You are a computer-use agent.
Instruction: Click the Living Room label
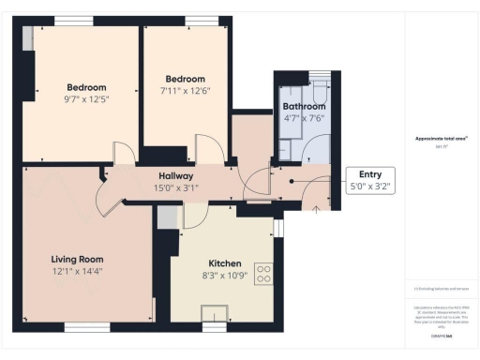point(77,259)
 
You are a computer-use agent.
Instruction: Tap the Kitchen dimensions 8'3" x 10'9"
point(226,277)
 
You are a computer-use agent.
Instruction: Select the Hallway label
point(175,175)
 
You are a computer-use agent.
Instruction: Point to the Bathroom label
point(304,107)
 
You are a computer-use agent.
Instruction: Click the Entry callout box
point(370,179)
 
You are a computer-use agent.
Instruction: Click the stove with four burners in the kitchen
point(264,275)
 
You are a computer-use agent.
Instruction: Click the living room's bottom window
point(87,327)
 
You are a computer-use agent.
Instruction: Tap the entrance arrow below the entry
point(315,209)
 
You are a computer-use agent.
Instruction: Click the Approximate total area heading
point(441,139)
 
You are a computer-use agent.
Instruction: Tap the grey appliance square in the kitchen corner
point(166,217)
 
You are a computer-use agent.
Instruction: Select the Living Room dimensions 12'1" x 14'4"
point(77,271)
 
